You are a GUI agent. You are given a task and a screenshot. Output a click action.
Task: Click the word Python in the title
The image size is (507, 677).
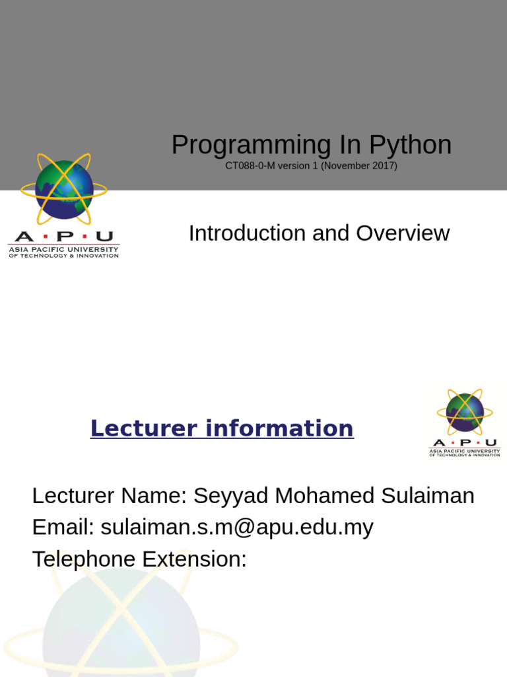[412, 145]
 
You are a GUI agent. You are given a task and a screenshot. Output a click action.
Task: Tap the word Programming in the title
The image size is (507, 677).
[246, 145]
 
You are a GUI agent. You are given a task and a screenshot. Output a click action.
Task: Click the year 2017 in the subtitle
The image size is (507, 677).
[383, 166]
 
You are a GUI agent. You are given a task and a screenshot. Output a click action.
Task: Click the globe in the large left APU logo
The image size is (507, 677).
[64, 190]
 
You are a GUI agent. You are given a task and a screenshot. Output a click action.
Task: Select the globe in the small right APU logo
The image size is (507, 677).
[465, 412]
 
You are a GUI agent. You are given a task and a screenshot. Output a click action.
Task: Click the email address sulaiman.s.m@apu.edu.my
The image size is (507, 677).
[237, 528]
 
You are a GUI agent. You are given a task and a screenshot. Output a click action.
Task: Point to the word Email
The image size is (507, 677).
[63, 528]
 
